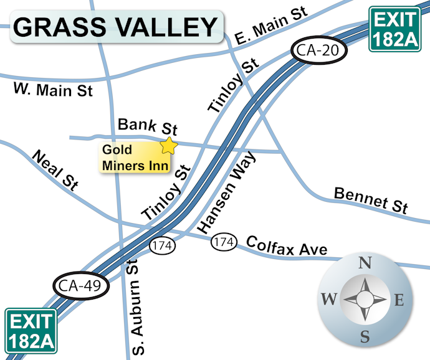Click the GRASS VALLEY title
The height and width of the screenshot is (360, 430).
(x=115, y=27)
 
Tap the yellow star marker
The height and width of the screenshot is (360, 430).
(x=169, y=146)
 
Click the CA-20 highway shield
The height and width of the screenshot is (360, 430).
(x=317, y=51)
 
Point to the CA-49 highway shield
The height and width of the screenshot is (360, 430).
(x=80, y=287)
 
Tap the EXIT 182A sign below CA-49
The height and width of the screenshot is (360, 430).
(x=32, y=331)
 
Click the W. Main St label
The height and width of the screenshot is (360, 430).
(x=53, y=90)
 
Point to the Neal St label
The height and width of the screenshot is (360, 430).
(x=55, y=169)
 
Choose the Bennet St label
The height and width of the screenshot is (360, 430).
(x=371, y=200)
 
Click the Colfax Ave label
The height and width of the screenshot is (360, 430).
(x=287, y=245)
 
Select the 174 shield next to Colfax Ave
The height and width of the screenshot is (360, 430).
(x=224, y=242)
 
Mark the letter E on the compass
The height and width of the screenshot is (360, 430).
(x=399, y=300)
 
